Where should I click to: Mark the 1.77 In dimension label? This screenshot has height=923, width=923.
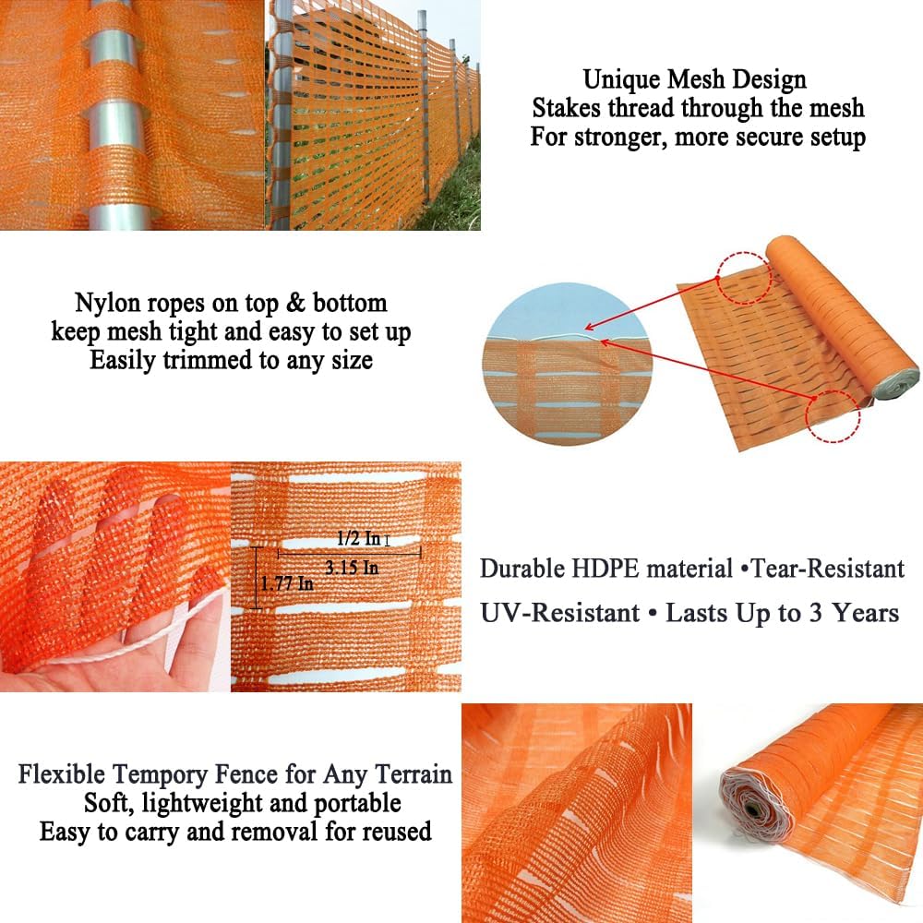[x=286, y=583]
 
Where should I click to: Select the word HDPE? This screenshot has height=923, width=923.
[x=600, y=569]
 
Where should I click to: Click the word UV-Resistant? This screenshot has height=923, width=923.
[x=560, y=612]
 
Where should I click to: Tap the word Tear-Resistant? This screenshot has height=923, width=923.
[x=828, y=569]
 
